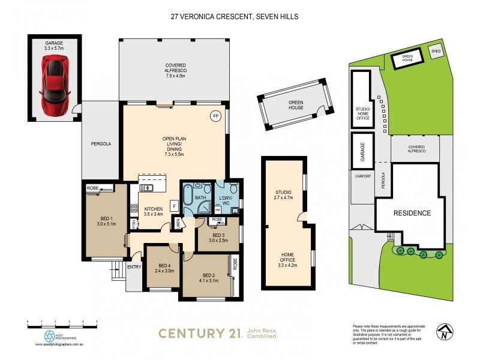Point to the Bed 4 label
165,269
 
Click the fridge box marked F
174,206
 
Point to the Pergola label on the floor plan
101,144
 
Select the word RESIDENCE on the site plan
412,213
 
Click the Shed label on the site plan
437,52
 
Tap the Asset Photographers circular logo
49,337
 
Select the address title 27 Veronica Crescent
234,17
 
